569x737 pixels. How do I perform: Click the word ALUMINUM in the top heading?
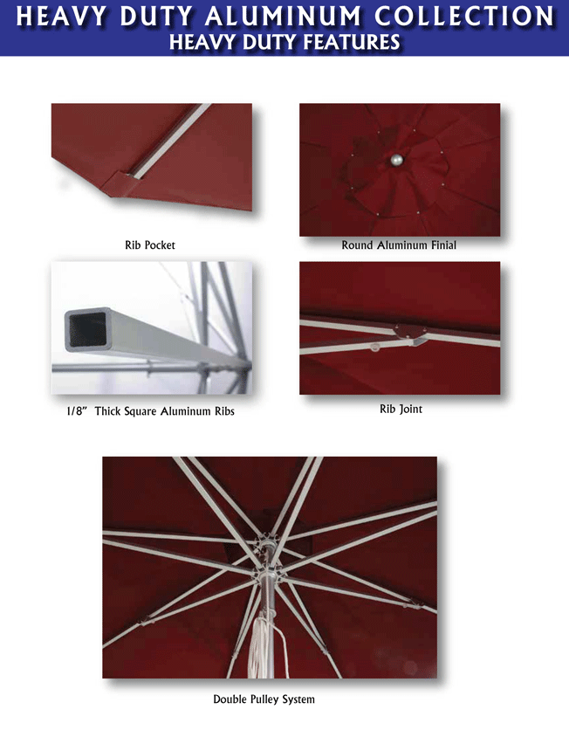click(284, 16)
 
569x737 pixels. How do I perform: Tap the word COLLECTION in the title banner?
click(465, 16)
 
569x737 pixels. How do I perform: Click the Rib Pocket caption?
click(150, 245)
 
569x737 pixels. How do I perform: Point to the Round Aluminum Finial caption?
click(399, 245)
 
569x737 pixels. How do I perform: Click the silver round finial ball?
click(397, 160)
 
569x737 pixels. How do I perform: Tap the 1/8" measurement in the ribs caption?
click(77, 410)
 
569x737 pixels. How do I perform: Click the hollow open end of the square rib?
click(88, 330)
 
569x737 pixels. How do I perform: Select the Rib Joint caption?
click(401, 409)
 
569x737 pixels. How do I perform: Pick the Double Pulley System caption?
click(264, 699)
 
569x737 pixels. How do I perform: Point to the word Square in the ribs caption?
click(141, 411)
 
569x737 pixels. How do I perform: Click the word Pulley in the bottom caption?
click(265, 699)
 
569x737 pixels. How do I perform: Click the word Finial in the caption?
click(443, 245)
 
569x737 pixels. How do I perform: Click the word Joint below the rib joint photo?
click(411, 409)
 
